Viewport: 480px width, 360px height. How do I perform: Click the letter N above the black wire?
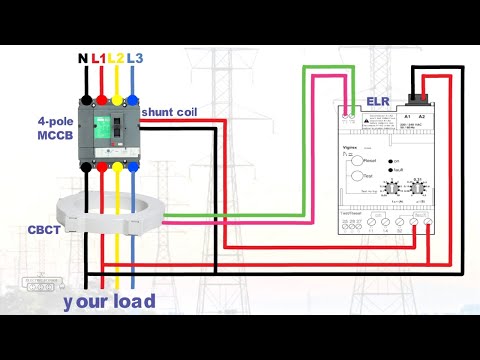point(83,59)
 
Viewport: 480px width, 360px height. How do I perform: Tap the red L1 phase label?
point(99,59)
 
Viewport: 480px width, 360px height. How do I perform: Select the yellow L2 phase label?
point(116,59)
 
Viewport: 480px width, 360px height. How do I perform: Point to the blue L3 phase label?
point(134,59)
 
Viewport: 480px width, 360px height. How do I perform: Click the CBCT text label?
point(43,229)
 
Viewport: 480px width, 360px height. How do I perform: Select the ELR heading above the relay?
point(379,100)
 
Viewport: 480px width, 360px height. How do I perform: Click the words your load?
point(109,300)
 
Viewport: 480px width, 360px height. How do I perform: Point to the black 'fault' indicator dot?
point(385,172)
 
